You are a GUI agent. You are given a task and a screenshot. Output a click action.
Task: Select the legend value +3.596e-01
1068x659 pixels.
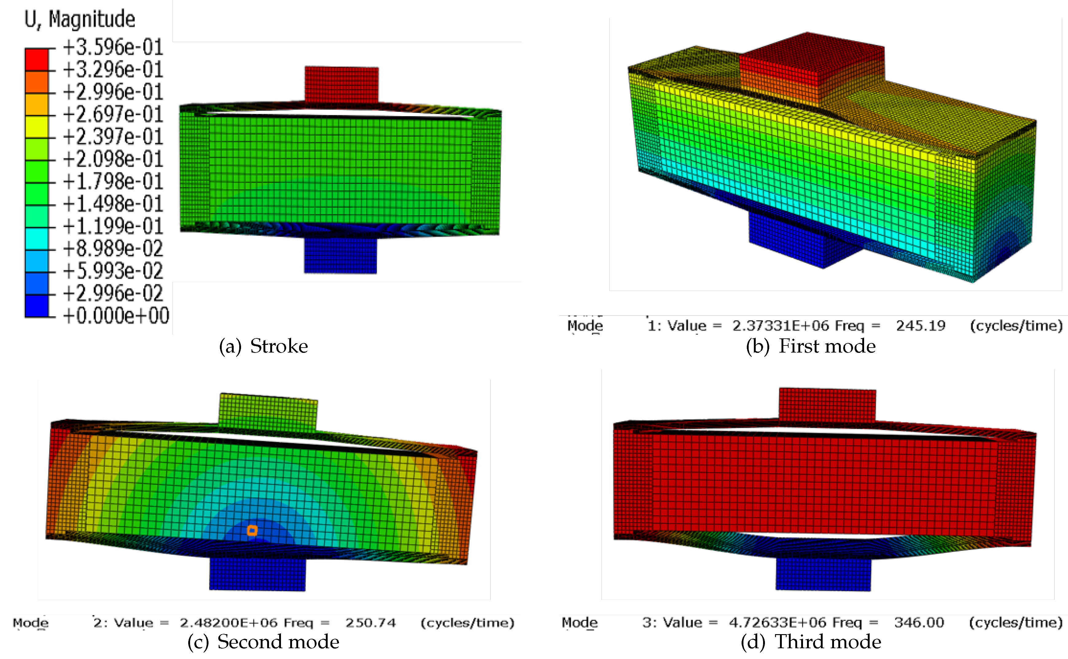click(x=113, y=47)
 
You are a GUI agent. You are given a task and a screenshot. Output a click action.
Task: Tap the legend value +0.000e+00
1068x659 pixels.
click(x=116, y=316)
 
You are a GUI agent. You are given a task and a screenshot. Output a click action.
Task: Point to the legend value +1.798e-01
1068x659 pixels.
click(x=113, y=181)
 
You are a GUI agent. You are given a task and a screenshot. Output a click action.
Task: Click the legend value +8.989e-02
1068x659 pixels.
click(x=113, y=248)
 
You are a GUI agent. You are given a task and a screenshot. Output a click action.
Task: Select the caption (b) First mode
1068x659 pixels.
click(x=810, y=346)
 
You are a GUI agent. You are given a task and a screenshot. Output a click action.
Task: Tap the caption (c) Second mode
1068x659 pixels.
click(x=263, y=642)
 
